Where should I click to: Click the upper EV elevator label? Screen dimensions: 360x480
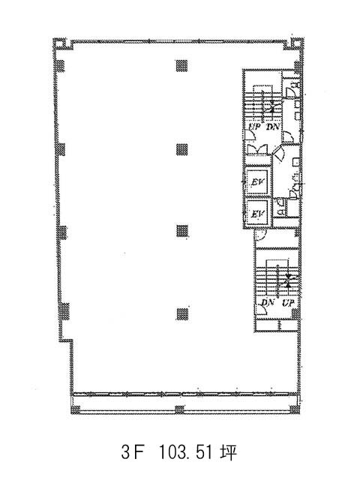tap(256, 181)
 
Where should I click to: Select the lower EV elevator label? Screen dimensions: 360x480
tap(256, 213)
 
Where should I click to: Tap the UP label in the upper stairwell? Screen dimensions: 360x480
tap(254, 126)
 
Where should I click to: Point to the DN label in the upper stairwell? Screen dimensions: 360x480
tap(272, 126)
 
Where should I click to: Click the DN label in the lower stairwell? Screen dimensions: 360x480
tap(267, 303)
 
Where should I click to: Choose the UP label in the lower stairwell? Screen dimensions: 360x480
tap(288, 303)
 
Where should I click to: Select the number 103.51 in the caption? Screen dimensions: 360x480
tap(186, 452)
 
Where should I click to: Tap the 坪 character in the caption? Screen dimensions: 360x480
tap(228, 452)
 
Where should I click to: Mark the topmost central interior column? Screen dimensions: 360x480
tap(181, 65)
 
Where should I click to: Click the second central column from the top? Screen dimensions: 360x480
tap(181, 150)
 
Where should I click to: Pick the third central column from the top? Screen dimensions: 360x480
tap(182, 230)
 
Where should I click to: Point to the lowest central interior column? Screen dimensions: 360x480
tap(182, 313)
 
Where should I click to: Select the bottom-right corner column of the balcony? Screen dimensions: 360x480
tap(294, 409)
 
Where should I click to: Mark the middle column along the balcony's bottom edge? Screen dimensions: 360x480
tap(180, 409)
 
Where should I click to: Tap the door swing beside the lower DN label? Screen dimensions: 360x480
tap(262, 310)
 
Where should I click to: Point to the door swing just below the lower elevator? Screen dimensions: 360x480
tap(260, 234)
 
